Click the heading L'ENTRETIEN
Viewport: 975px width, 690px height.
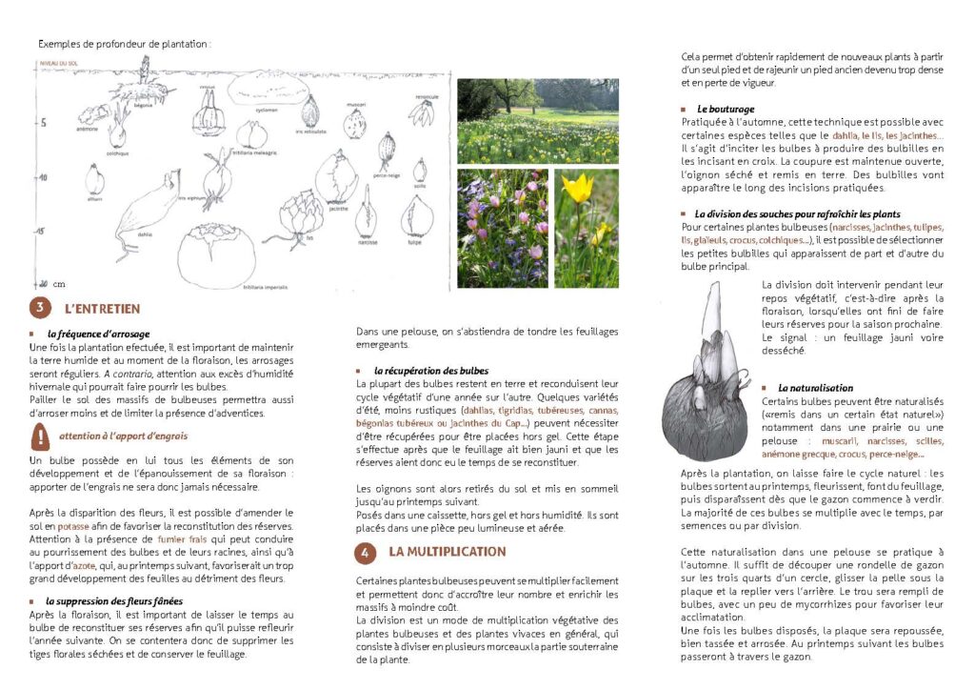point(102,309)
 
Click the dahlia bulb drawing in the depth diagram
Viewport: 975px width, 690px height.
point(144,218)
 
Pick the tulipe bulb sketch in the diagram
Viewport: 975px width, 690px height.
point(416,217)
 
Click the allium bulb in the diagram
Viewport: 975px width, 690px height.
point(95,179)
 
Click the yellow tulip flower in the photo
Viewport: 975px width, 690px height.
point(577,188)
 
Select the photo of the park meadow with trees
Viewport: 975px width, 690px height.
point(537,120)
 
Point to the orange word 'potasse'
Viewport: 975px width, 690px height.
point(72,526)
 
